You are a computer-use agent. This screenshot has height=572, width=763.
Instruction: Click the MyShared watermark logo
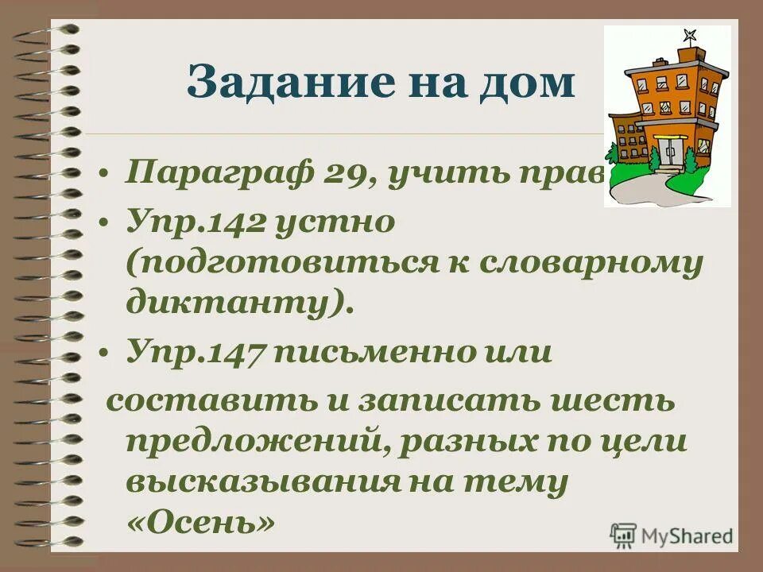click(x=672, y=535)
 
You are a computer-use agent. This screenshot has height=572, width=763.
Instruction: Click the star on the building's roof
click(x=688, y=36)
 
